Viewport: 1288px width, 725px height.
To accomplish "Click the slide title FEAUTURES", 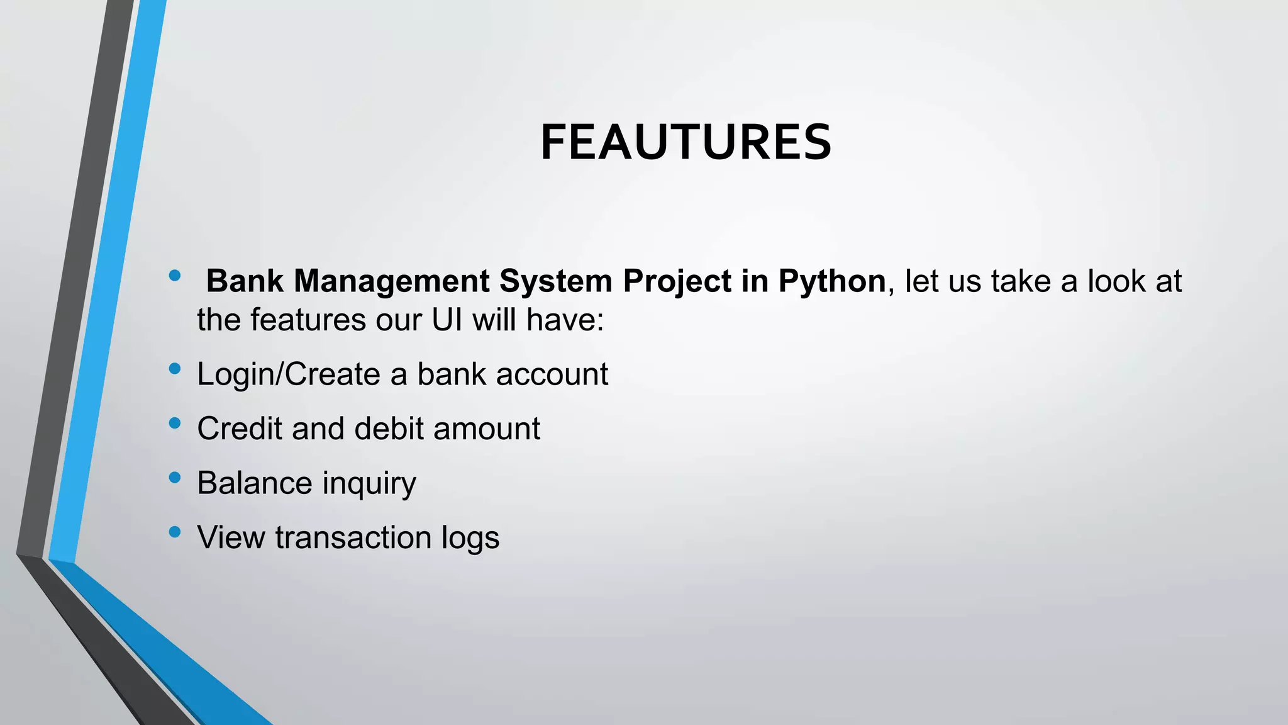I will [x=686, y=143].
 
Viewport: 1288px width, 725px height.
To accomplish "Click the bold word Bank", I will [x=245, y=281].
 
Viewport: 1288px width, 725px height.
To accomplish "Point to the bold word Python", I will [x=831, y=281].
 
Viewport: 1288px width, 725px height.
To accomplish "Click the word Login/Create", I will [x=289, y=374].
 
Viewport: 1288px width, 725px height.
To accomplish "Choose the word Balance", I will [x=254, y=483].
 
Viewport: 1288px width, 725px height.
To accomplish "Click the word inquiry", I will [x=369, y=483].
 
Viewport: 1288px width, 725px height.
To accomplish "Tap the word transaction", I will [x=352, y=537].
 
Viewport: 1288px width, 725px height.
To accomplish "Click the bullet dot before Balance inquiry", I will [x=175, y=478].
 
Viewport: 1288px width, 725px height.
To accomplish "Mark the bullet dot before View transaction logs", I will [x=175, y=532].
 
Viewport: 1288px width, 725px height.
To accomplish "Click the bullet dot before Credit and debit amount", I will [x=175, y=424].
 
